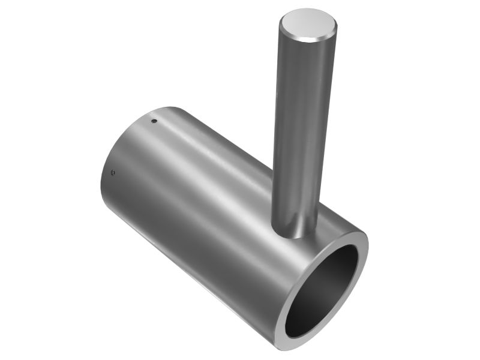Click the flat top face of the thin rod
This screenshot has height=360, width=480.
(x=308, y=22)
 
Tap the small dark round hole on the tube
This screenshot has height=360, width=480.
(x=154, y=121)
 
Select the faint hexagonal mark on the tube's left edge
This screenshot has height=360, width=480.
(x=113, y=173)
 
